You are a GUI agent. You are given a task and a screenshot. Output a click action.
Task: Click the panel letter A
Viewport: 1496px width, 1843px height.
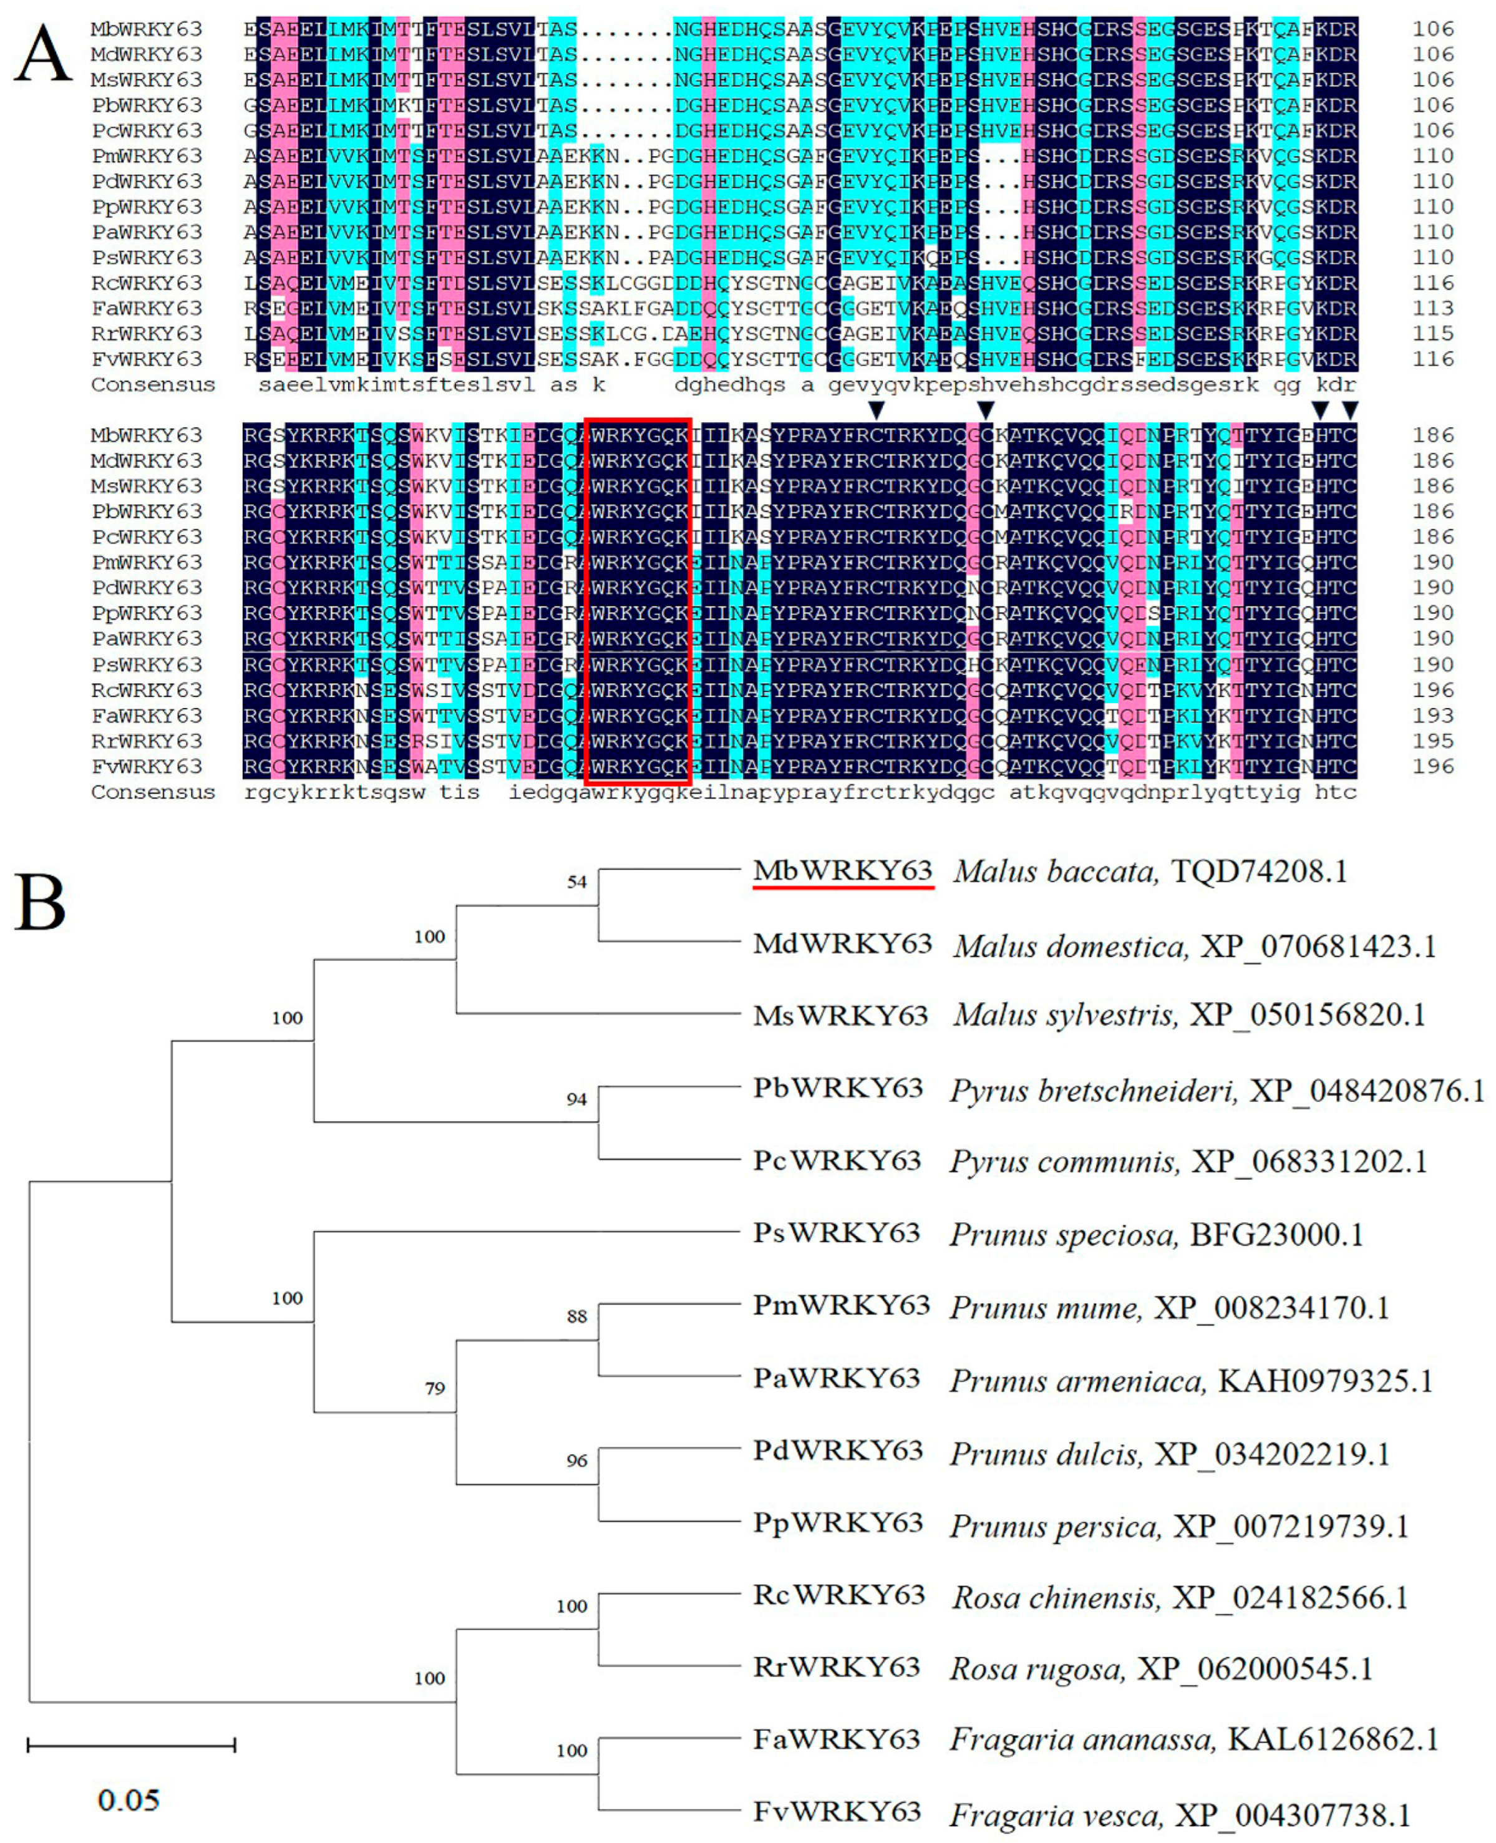click(x=41, y=54)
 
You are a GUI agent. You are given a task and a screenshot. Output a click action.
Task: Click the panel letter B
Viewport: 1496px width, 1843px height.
click(x=40, y=902)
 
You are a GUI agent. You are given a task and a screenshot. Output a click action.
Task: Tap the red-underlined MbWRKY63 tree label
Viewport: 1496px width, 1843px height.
click(x=842, y=871)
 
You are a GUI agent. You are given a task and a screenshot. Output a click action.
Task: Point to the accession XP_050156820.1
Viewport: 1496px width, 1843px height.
click(x=1307, y=1015)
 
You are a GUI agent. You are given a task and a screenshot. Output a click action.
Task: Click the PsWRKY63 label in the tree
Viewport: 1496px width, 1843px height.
click(x=836, y=1233)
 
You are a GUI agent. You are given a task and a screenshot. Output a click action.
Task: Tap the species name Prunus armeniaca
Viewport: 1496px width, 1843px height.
click(x=1076, y=1381)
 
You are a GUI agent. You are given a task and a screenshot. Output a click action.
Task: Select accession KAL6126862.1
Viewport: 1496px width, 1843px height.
click(x=1333, y=1739)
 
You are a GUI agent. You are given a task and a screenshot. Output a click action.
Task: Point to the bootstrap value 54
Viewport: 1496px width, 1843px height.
click(x=576, y=882)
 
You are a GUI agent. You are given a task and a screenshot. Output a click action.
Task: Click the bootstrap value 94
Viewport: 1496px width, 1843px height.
click(x=576, y=1099)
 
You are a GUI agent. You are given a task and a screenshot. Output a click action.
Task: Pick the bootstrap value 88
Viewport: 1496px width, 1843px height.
click(x=576, y=1316)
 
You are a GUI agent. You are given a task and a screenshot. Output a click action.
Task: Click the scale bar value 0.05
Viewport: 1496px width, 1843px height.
click(x=129, y=1801)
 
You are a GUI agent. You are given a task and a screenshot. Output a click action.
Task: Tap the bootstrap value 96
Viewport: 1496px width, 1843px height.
click(x=576, y=1461)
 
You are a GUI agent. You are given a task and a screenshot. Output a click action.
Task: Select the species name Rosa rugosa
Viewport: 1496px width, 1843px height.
click(x=1037, y=1669)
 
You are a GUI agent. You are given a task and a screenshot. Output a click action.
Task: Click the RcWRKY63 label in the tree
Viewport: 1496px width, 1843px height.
click(x=838, y=1596)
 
